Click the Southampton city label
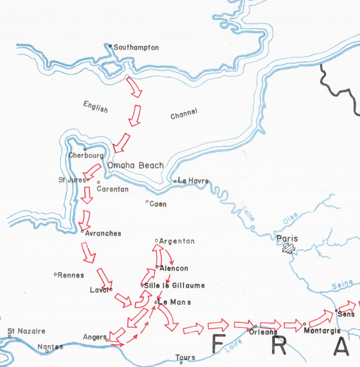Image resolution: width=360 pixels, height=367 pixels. point(136,48)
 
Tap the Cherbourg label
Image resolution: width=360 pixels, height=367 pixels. point(86,156)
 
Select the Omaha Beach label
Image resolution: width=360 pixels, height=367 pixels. point(136,165)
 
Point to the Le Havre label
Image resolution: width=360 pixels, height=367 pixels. point(193,181)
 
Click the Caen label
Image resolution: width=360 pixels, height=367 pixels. point(158,204)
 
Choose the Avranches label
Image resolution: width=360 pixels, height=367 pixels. point(103,233)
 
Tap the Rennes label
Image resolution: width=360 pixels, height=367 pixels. point(71,275)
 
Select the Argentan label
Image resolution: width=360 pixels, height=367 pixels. point(177,241)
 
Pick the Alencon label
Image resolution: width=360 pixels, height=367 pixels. point(174,269)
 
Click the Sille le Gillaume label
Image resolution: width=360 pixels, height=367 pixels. point(174,285)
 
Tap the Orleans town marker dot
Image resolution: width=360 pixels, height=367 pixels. point(256,326)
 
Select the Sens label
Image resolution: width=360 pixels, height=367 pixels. point(346,315)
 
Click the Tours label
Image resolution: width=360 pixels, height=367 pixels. point(185,358)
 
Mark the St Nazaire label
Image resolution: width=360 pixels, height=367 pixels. point(26,331)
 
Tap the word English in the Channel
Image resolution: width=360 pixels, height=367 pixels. point(96,107)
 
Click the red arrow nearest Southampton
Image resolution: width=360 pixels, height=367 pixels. point(134,87)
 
